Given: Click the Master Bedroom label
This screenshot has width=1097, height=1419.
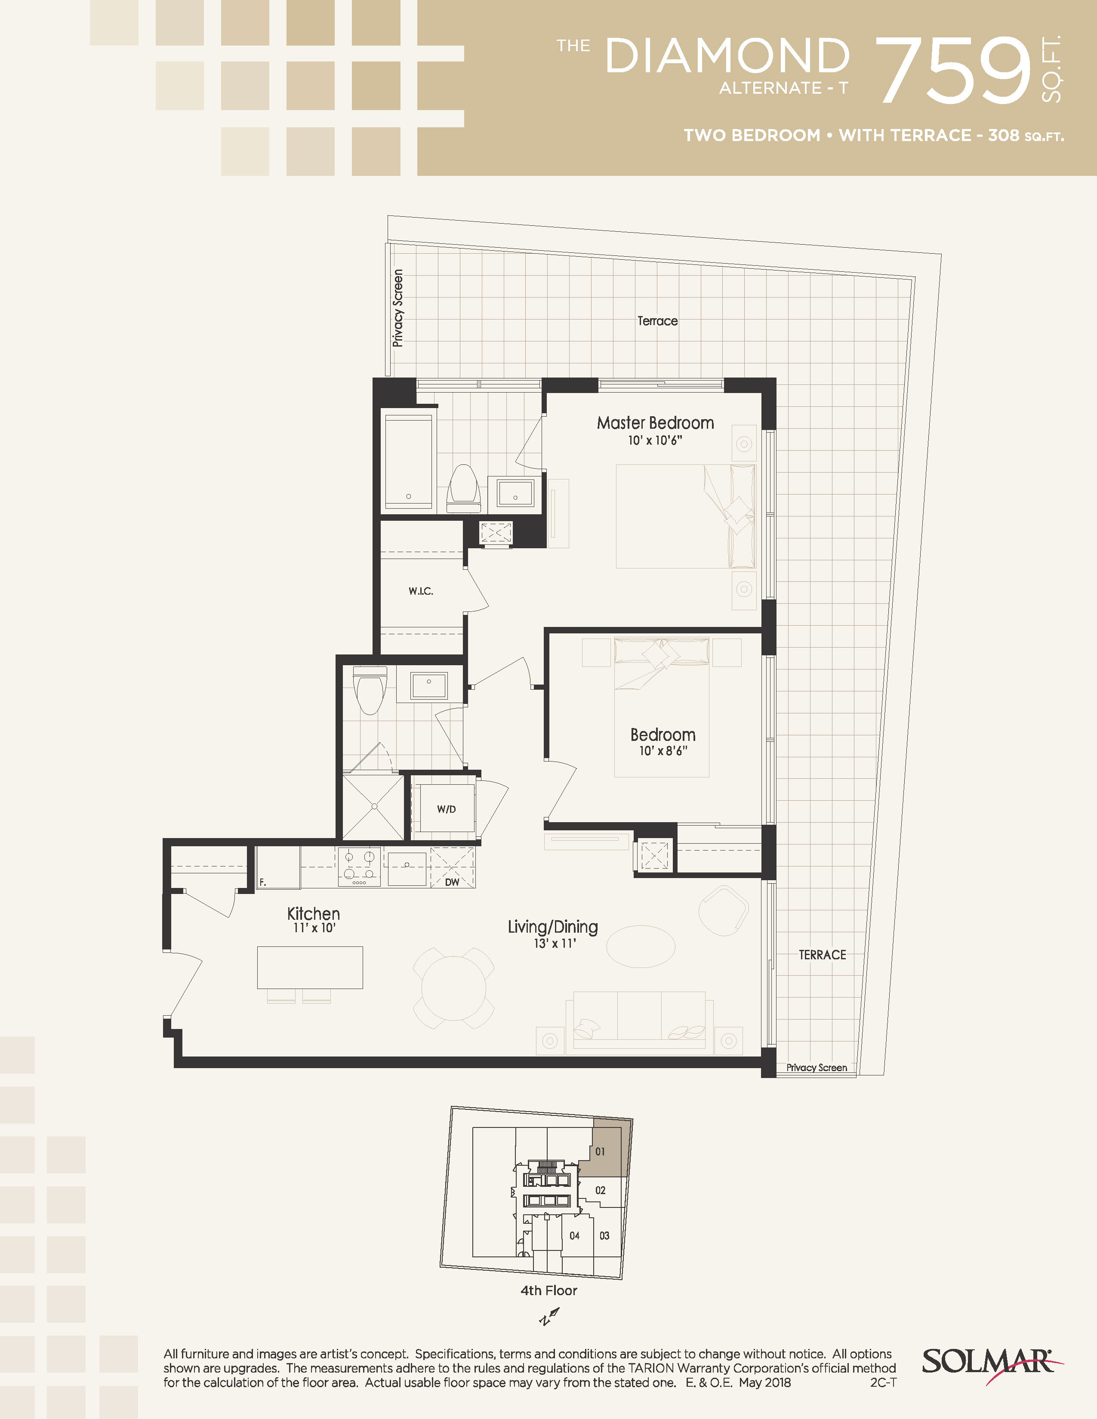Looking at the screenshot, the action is coord(655,423).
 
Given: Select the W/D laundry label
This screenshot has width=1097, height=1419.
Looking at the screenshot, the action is coord(447,809).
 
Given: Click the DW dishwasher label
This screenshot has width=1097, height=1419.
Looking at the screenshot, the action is coord(452,881).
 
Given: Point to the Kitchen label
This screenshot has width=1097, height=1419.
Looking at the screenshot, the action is coord(313,913).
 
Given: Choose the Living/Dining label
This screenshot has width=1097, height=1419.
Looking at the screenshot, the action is coord(553,927).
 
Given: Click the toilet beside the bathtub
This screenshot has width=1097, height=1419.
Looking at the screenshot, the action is coord(463,487).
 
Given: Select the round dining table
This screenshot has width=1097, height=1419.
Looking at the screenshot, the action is coord(453,988).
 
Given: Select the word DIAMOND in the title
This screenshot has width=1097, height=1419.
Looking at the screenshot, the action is coord(727,56).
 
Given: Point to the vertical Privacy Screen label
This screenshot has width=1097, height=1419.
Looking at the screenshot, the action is coord(398,308).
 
